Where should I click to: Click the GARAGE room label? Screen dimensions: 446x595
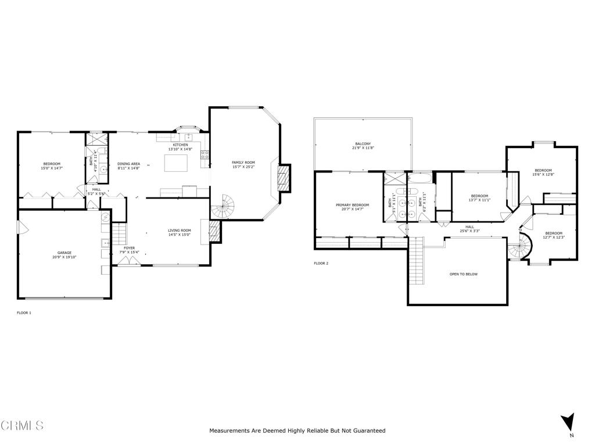64,253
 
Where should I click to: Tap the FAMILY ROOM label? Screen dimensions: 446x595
243,163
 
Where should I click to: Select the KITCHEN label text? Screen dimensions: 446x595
180,145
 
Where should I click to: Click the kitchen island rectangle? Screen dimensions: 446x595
176,164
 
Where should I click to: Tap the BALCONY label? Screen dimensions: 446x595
363,144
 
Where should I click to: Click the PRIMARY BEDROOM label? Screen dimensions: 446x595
352,205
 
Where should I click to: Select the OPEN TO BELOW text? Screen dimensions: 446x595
464,274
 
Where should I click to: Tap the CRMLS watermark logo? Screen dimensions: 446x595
22,426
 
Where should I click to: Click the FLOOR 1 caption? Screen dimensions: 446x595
24,313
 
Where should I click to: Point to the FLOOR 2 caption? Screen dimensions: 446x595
321,263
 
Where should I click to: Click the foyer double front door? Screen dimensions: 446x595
128,262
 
